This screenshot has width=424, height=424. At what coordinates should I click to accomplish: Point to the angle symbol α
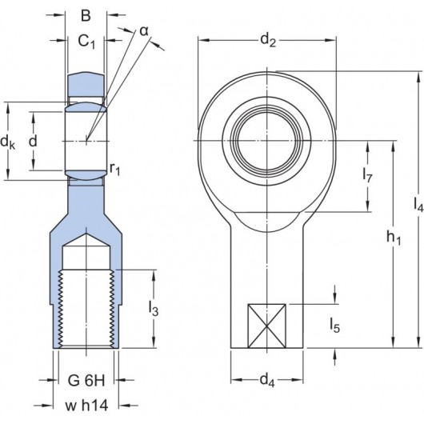tap(144, 31)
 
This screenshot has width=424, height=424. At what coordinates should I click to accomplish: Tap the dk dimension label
tap(8, 143)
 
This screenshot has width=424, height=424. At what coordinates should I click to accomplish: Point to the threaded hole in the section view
tap(87, 308)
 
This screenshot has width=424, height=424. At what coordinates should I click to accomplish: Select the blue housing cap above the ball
tap(87, 83)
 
